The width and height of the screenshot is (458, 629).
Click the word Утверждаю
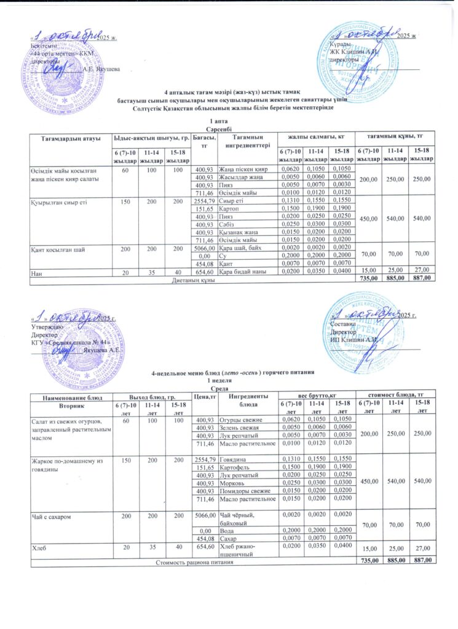(x=47, y=327)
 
